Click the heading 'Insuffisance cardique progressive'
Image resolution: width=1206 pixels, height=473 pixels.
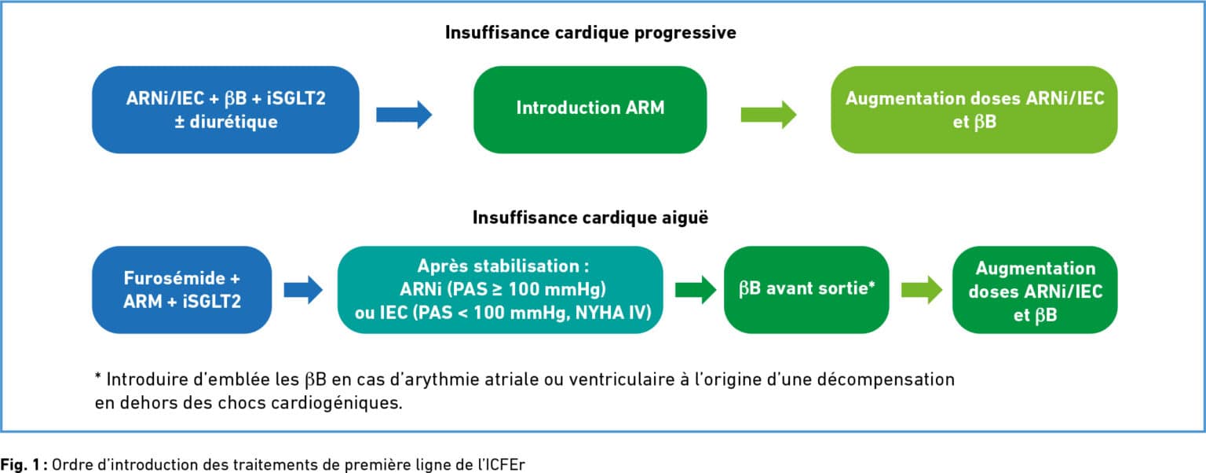coord(590,33)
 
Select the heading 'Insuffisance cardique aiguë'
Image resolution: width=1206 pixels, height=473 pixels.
coord(590,218)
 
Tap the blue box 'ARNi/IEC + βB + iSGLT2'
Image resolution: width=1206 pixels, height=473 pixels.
coord(225,110)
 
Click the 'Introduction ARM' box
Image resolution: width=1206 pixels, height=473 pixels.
coord(590,110)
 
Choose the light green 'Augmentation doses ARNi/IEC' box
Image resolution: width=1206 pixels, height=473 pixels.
coord(974,110)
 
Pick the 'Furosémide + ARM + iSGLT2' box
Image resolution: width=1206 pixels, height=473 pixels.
coord(182,290)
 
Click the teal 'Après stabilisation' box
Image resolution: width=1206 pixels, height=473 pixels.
coord(500,290)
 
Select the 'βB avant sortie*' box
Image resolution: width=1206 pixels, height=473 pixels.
coord(806,290)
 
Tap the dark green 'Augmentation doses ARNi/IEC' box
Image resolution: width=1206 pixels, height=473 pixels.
coord(1035,290)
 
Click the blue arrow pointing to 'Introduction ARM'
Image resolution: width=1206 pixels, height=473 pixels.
coord(404,115)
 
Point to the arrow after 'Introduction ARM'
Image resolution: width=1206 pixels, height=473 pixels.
coord(769,115)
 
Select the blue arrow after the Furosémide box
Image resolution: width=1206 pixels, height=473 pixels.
coord(303,290)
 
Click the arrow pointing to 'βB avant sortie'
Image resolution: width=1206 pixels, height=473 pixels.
coord(695,290)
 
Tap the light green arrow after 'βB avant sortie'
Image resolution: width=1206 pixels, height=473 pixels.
coord(922,290)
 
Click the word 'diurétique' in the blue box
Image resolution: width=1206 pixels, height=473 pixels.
coord(234,123)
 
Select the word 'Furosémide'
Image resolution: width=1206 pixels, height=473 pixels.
coord(174,278)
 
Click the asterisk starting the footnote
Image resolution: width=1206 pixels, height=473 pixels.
coord(98,376)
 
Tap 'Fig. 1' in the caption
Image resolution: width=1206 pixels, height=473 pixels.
coord(20,464)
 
